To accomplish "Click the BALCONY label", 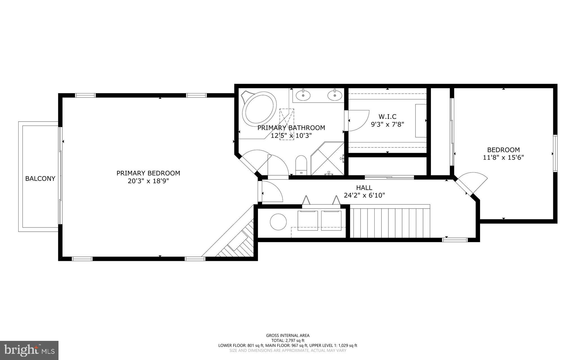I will click(x=40, y=178).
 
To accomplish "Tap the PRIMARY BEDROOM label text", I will click(x=148, y=173).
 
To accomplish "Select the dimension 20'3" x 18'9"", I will click(x=148, y=181).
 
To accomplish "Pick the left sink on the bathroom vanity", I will click(x=303, y=95).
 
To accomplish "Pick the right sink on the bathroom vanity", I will click(x=335, y=95).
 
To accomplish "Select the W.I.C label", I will click(x=387, y=117).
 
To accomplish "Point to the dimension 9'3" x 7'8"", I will click(x=387, y=124).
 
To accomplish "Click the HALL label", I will click(x=364, y=187).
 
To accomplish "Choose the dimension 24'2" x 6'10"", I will click(x=364, y=195).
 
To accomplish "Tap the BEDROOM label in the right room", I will click(x=503, y=150).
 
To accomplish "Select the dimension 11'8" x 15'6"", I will click(x=503, y=158).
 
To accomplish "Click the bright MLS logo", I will click(x=29, y=350).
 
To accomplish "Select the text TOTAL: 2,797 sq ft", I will click(x=288, y=340).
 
